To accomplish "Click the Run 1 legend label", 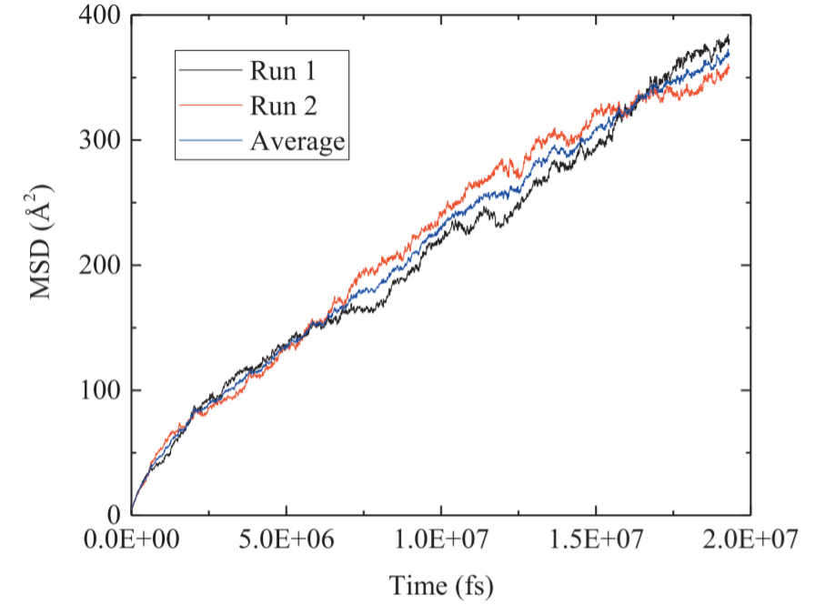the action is pyautogui.click(x=283, y=70).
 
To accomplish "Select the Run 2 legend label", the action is pyautogui.click(x=283, y=106).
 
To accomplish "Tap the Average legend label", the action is pyautogui.click(x=297, y=141).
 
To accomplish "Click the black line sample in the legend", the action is pyautogui.click(x=211, y=70).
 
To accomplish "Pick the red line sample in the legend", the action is pyautogui.click(x=211, y=106).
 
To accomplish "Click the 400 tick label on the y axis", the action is pyautogui.click(x=100, y=15).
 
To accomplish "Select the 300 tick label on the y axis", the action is pyautogui.click(x=100, y=140).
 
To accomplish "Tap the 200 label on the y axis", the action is pyautogui.click(x=100, y=265).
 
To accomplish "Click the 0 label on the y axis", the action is pyautogui.click(x=114, y=514).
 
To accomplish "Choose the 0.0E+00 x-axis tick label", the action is pyautogui.click(x=132, y=539).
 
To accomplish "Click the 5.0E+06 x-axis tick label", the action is pyautogui.click(x=287, y=539).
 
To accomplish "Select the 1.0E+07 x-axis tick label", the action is pyautogui.click(x=441, y=539).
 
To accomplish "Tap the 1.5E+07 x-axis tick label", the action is pyautogui.click(x=596, y=539).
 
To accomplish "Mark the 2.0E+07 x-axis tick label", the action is pyautogui.click(x=750, y=539).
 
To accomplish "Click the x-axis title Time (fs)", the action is pyautogui.click(x=441, y=586).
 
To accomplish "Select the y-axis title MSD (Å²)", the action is pyautogui.click(x=40, y=241).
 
